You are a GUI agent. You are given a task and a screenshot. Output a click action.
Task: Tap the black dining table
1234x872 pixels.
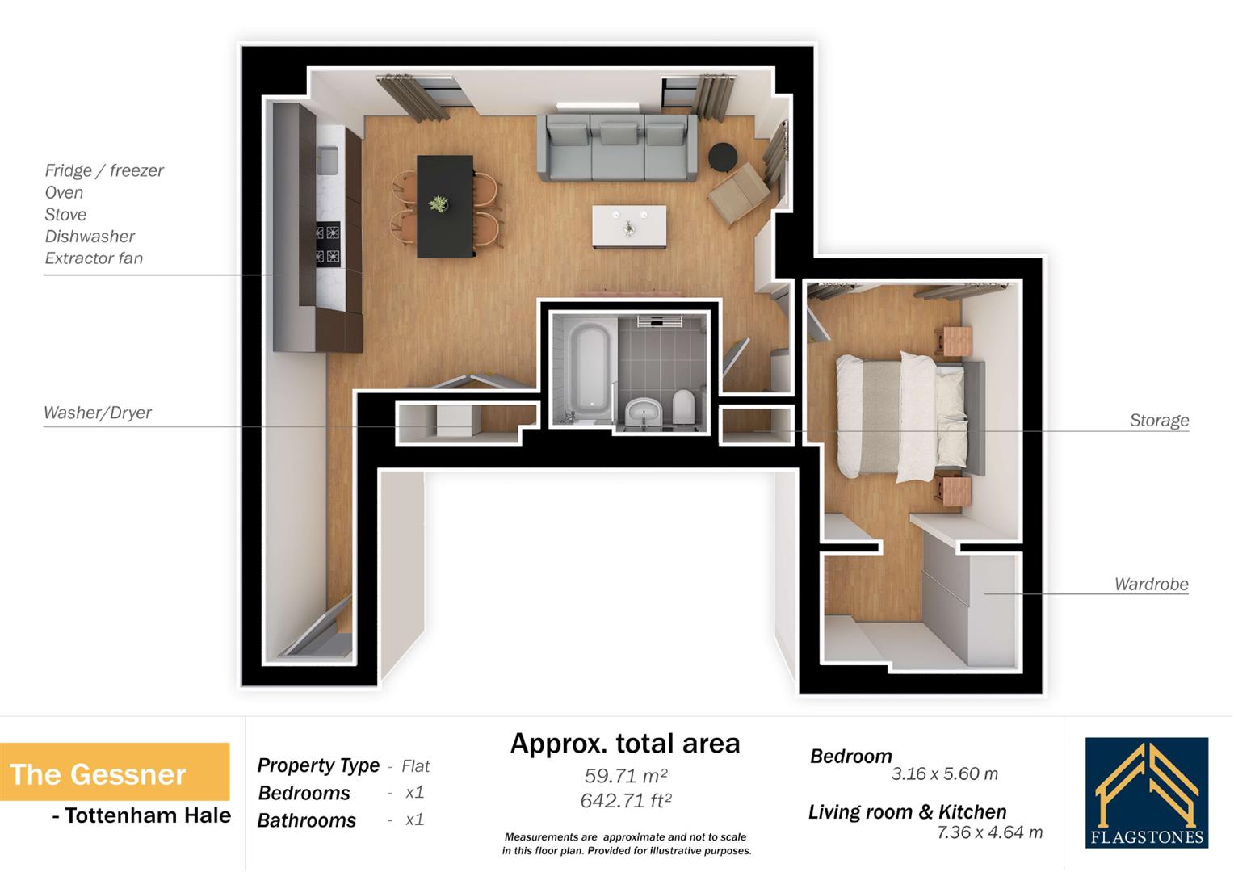(445, 206)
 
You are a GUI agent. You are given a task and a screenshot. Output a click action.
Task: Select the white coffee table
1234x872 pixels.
(630, 227)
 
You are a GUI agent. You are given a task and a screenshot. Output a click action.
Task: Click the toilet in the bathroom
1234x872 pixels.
(683, 406)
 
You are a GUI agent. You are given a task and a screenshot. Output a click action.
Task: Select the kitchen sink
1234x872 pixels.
(327, 160)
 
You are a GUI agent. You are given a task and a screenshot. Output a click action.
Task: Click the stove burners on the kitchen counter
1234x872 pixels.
(327, 245)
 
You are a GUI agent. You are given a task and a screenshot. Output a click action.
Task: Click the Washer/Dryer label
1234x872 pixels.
(98, 413)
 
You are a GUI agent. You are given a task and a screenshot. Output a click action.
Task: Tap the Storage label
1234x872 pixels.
(1158, 420)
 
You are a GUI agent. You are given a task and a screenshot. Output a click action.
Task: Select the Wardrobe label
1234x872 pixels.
(1151, 584)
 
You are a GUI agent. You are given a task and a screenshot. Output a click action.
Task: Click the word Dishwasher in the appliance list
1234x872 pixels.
(90, 237)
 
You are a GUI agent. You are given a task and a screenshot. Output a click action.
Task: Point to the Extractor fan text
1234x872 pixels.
(94, 258)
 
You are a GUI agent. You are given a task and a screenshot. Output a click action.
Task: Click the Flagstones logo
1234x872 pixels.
(1146, 792)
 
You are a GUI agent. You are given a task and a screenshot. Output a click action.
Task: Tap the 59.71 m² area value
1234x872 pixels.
(625, 776)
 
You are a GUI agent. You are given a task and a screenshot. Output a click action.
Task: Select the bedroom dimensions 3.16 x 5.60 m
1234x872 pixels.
(944, 773)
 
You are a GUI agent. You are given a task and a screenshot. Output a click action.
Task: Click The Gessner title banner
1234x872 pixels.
(114, 773)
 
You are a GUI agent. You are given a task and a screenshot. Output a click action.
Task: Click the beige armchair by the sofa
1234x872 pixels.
(738, 194)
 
